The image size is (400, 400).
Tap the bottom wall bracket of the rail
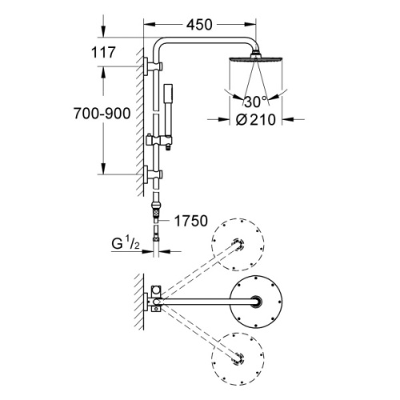[x=151, y=172]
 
